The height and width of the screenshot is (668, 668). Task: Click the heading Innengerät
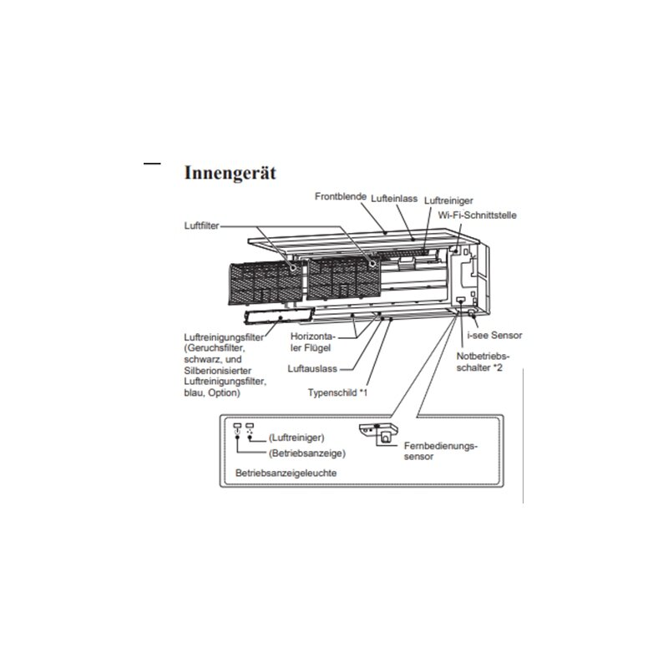[x=230, y=173]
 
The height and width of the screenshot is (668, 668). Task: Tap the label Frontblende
[x=341, y=196]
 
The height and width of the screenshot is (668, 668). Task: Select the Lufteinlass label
[x=394, y=199]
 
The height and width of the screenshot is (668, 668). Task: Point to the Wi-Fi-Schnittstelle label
[x=477, y=215]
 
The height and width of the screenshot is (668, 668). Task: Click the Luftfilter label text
[x=201, y=225]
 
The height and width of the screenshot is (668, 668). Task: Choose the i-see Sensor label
[x=494, y=336]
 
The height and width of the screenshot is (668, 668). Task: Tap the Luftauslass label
[x=312, y=369]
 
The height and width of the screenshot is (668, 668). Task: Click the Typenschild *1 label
[x=337, y=392]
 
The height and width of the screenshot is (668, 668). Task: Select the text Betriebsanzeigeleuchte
[x=286, y=473]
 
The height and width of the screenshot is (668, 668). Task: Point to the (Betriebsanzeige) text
[x=307, y=453]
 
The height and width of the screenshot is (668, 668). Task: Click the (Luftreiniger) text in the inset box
[x=296, y=438]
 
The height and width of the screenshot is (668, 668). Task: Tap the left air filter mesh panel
[x=266, y=283]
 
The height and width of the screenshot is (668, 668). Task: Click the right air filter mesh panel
[x=344, y=278]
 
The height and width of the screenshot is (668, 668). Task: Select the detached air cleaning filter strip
[x=279, y=316]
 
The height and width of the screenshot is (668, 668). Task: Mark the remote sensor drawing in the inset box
[x=378, y=434]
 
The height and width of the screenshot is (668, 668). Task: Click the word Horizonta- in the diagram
[x=313, y=337]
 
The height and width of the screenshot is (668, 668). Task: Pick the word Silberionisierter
[x=218, y=371]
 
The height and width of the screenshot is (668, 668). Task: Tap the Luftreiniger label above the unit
[x=448, y=200]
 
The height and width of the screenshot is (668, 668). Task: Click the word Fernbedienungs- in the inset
[x=441, y=446]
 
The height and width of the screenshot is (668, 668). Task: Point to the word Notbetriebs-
[x=483, y=357]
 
